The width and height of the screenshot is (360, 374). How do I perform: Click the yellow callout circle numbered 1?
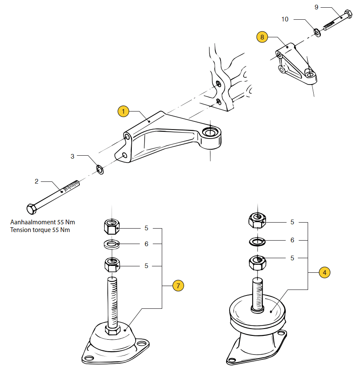(124, 112)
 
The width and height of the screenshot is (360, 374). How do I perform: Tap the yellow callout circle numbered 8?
(263, 37)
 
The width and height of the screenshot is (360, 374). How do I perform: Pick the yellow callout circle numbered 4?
(324, 272)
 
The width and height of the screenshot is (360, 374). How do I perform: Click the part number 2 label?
(36, 181)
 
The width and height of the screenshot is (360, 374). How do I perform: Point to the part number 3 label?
(73, 157)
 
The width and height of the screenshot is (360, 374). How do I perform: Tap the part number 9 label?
(316, 7)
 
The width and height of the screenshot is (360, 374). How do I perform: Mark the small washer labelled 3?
(100, 170)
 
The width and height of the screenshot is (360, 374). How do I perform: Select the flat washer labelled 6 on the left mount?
(112, 244)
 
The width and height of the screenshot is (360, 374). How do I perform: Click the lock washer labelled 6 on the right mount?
(257, 241)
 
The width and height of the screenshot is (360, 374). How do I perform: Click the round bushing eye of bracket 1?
(210, 133)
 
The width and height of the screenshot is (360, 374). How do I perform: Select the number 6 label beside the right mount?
(292, 240)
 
